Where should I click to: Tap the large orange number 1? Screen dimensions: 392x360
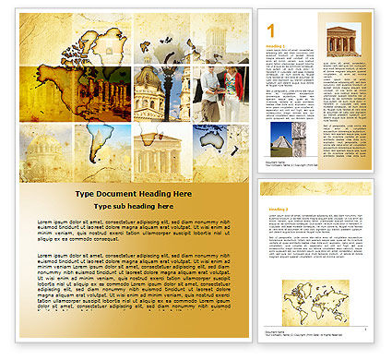pyautogui.click(x=268, y=27)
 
